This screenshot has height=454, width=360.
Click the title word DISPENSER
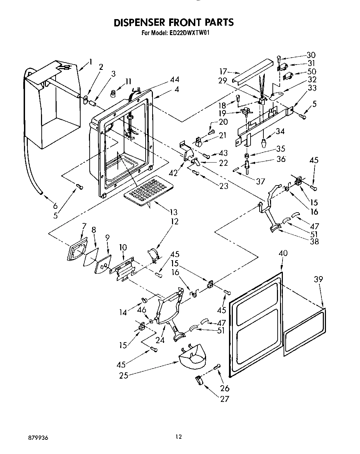tap(140, 23)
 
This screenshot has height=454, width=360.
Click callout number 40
tap(283, 253)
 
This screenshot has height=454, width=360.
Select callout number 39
tap(318, 279)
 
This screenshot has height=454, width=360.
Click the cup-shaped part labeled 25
tap(192, 355)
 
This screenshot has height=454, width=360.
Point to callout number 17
tap(223, 72)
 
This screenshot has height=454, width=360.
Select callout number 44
tap(165, 80)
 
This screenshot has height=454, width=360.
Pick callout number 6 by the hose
tap(55, 206)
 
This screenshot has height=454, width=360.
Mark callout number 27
tap(224, 399)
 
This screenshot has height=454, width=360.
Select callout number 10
tap(123, 247)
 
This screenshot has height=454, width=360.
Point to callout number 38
tap(314, 241)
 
